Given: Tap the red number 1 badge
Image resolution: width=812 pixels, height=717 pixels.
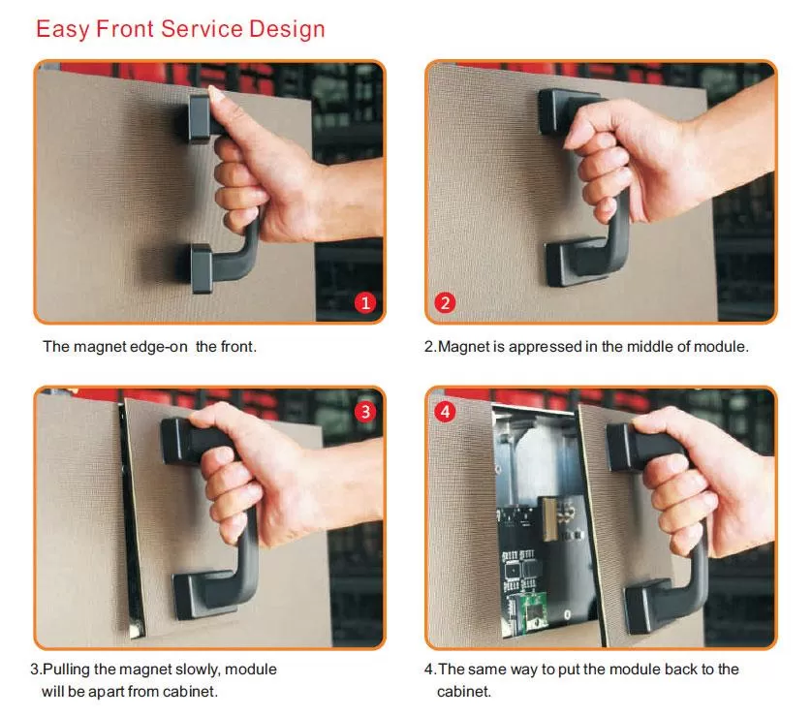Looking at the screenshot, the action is tap(365, 302).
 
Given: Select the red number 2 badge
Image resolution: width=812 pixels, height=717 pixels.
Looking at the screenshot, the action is tap(445, 302).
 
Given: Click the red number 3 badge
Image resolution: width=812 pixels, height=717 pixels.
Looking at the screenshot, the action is tap(365, 412).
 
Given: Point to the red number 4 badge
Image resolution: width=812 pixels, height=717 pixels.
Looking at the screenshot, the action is tap(445, 412).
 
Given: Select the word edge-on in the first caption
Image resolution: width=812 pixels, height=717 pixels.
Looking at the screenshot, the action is tap(158, 346).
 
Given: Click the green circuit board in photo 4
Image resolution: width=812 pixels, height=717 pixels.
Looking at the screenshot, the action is tap(535, 613).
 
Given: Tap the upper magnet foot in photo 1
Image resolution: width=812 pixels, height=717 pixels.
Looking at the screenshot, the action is tap(200, 118).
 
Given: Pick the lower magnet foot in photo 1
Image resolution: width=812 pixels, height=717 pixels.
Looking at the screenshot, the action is tap(202, 268).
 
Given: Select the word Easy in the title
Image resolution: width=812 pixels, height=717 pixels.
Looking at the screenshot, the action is tap(63, 30).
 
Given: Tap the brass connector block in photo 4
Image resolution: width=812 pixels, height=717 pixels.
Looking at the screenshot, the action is tap(548, 518).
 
